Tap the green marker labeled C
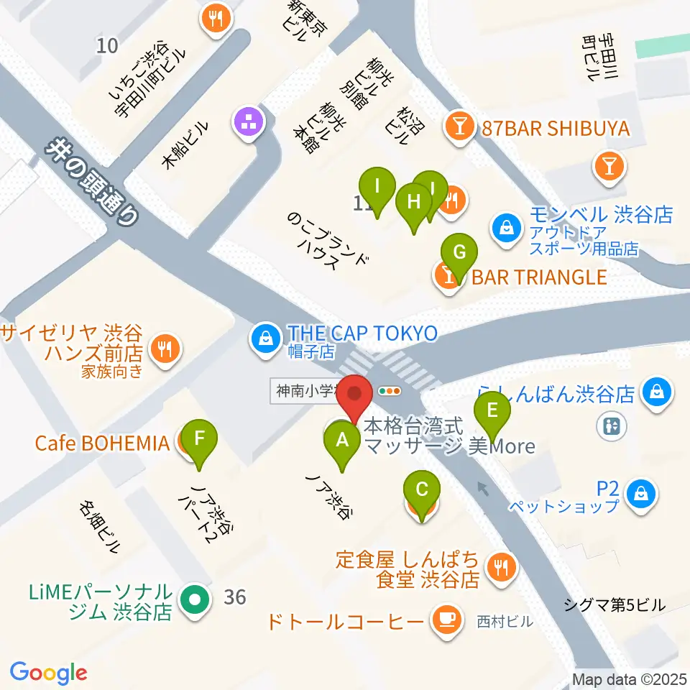point(422,491)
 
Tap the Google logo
point(48,672)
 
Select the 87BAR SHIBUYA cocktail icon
point(458,129)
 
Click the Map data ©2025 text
point(629,679)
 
